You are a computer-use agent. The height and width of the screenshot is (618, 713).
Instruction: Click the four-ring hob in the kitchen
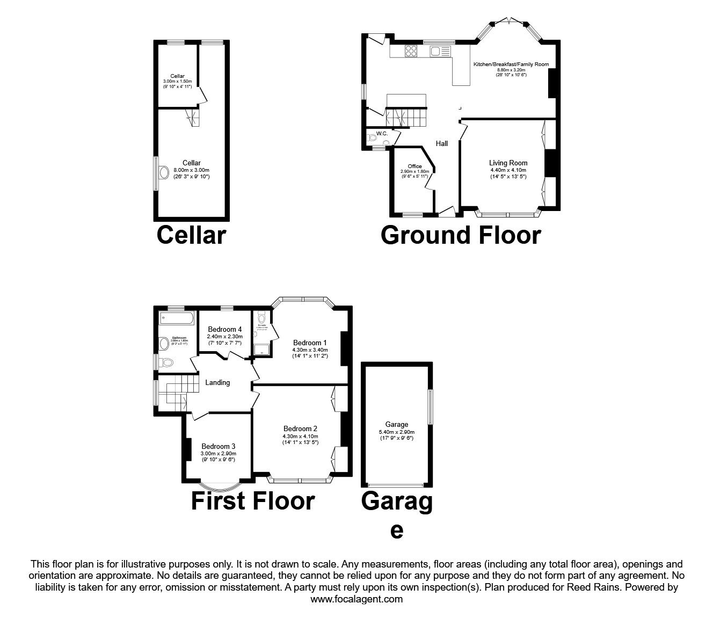(411, 51)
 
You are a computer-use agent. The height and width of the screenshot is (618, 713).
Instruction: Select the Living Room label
(508, 163)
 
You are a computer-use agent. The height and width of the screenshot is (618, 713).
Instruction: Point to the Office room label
(414, 166)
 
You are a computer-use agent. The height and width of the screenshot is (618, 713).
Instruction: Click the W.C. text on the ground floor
(382, 133)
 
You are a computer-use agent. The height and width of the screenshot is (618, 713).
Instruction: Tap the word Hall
(441, 143)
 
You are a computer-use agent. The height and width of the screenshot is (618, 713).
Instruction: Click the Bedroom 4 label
(224, 329)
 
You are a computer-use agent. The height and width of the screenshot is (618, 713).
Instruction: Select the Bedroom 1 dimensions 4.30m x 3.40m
(310, 350)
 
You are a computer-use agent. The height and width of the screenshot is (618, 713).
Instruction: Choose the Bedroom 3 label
(218, 446)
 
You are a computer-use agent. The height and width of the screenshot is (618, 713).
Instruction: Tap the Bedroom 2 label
(300, 428)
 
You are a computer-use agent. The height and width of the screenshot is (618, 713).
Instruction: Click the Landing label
(217, 382)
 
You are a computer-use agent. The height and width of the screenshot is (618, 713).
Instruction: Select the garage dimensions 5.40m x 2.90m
(396, 432)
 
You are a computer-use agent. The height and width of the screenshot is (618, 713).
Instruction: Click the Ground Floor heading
(460, 235)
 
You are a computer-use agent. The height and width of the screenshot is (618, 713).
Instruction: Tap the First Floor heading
(252, 501)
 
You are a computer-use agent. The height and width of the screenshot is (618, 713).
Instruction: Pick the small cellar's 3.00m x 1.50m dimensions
(177, 81)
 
